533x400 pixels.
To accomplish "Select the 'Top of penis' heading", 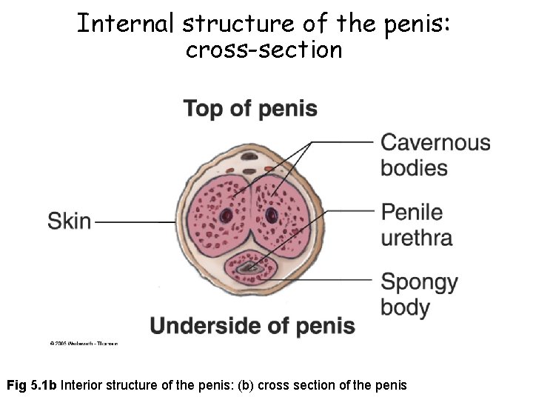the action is (250, 109).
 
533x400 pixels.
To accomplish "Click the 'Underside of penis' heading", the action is (252, 325).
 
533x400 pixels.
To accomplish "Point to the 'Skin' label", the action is (70, 221).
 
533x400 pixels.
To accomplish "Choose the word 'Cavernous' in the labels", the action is (435, 142).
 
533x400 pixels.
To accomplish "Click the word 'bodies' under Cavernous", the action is (414, 167).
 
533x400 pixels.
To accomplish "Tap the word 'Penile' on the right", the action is (412, 213).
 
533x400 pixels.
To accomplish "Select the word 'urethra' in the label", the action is (416, 238).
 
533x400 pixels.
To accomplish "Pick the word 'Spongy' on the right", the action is (419, 282).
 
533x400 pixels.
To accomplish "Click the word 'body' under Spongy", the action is (405, 307).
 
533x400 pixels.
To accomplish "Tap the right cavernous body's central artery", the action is (272, 216).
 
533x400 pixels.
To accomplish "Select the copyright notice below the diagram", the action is (84, 343).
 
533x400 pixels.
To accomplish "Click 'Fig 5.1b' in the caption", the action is (32, 385).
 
